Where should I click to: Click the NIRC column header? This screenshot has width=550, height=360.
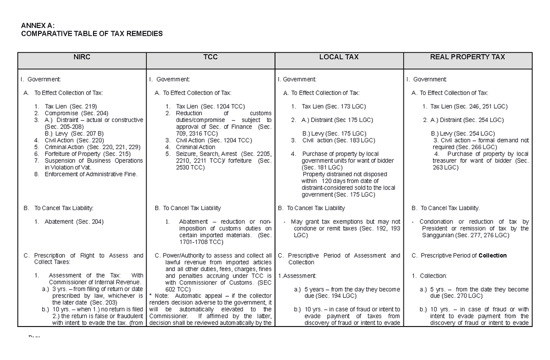81,57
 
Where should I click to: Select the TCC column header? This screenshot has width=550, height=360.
210,57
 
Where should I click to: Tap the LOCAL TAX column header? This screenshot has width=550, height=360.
339,57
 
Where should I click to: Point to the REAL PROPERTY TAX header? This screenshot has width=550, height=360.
467,57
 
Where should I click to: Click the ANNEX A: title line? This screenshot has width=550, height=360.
39,26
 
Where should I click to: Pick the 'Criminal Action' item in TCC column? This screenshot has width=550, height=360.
195,147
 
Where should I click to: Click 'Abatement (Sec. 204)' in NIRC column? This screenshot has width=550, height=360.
74,222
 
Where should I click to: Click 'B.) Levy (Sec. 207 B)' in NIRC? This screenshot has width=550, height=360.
71,133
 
